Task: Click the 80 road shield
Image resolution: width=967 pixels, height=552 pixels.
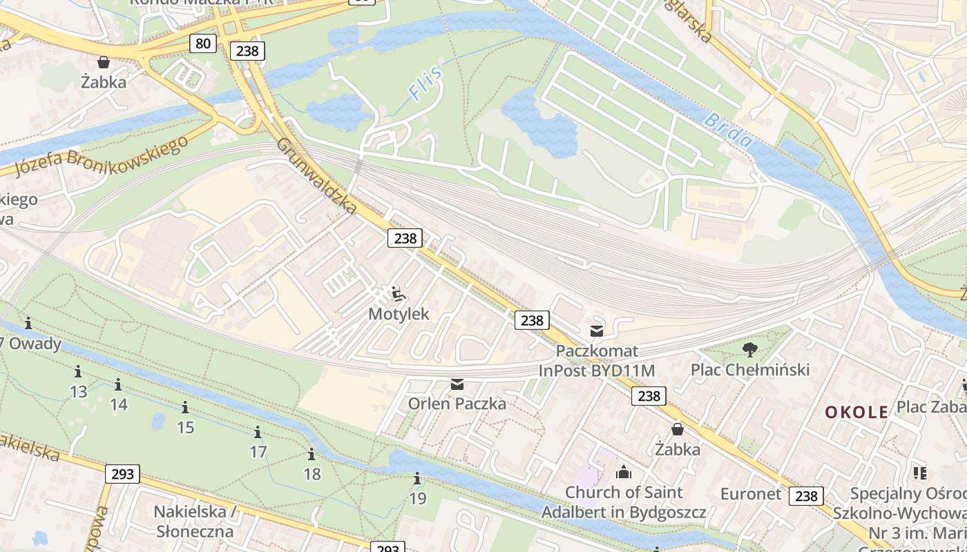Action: (202, 44)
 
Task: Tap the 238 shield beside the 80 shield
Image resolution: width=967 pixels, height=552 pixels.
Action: (247, 50)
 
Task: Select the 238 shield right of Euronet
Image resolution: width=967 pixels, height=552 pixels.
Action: (806, 495)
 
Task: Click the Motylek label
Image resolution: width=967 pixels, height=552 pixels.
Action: (399, 314)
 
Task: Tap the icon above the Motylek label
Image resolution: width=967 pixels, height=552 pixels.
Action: (397, 295)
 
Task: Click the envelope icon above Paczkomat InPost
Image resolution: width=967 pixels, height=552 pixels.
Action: (596, 331)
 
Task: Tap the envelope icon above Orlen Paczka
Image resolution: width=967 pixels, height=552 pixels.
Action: (457, 384)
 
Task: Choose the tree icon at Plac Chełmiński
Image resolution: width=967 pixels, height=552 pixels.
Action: (749, 350)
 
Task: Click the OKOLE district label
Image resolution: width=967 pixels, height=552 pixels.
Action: (856, 412)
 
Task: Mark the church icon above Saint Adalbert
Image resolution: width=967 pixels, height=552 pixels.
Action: (624, 472)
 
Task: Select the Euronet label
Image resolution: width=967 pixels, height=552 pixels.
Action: (750, 494)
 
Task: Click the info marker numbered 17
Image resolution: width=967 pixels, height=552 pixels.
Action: (258, 433)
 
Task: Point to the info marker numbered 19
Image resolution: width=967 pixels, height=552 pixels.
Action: (417, 479)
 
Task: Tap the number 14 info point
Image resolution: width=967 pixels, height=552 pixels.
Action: (118, 385)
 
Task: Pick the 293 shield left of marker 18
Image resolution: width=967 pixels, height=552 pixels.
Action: (122, 474)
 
